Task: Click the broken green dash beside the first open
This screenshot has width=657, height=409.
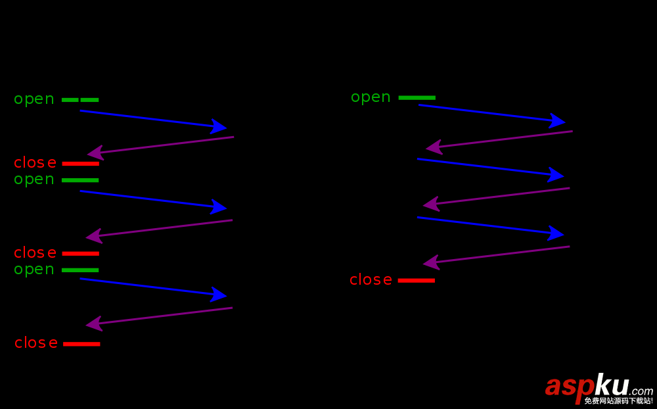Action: (80, 100)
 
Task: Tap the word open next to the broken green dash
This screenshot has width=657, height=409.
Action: (34, 99)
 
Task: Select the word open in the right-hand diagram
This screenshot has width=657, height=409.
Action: (371, 97)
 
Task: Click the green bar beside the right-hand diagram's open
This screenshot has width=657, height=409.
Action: (417, 98)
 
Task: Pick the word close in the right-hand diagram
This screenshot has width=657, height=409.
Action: (371, 280)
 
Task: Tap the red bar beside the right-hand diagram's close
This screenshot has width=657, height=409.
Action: (417, 281)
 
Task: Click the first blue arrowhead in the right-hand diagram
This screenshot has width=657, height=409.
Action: (558, 120)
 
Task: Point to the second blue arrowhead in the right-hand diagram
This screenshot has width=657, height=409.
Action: (556, 175)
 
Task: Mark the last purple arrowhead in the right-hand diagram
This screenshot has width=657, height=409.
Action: (431, 262)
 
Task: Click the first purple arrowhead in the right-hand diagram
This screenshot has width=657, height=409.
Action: (434, 147)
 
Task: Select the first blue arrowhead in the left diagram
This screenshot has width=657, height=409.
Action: (219, 126)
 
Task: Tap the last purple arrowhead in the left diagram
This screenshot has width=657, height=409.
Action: (94, 324)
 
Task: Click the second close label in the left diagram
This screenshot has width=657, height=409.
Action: (35, 253)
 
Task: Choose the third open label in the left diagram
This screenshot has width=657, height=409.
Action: (34, 270)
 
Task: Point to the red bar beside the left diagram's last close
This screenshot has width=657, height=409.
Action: (81, 344)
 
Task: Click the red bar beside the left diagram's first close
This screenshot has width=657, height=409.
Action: (81, 163)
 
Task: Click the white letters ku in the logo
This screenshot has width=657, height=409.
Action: (611, 385)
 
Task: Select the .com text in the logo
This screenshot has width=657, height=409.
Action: (641, 391)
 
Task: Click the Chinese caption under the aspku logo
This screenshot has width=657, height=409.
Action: (618, 400)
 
